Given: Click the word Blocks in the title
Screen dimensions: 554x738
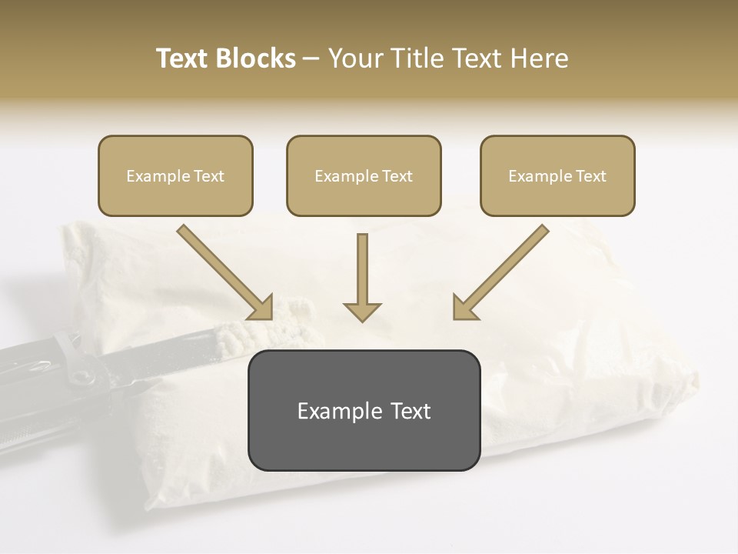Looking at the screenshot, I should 257,58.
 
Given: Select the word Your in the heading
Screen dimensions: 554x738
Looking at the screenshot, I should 355,58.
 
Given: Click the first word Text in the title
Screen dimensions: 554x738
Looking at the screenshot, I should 184,58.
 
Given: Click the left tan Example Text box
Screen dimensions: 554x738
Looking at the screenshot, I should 175,175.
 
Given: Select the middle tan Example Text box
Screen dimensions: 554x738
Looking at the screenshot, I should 364,175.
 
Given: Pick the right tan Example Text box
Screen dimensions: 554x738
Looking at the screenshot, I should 557,175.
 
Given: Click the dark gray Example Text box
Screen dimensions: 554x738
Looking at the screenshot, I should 364,410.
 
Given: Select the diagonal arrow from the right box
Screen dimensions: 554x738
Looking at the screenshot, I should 500,271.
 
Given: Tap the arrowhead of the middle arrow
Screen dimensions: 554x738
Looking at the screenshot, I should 362,311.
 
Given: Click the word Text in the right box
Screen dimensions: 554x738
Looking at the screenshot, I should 591,176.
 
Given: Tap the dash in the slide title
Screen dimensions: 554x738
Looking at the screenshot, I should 311,58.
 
